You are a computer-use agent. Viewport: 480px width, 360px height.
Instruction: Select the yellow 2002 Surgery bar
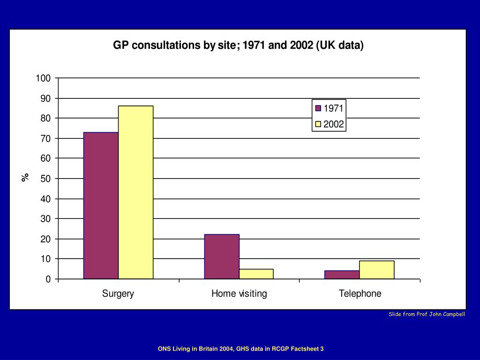[x=135, y=192]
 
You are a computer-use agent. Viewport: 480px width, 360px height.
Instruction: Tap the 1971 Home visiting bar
[x=222, y=256]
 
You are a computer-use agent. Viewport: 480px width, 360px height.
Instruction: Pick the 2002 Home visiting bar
[x=256, y=274]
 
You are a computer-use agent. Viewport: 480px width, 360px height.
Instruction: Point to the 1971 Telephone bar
[x=342, y=275]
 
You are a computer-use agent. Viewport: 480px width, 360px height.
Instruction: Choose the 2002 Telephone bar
[x=376, y=270]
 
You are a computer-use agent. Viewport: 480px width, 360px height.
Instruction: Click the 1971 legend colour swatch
[x=318, y=108]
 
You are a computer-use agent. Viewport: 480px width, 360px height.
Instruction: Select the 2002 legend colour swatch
[x=318, y=124]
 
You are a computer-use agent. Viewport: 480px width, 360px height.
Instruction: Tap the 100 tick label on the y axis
[x=43, y=78]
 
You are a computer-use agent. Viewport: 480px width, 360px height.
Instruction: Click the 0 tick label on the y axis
[x=48, y=279]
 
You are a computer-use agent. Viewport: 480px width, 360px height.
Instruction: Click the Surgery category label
[x=118, y=294]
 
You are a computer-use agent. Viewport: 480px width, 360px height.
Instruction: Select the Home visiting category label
[x=239, y=294]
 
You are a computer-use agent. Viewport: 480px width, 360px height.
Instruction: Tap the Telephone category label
[x=360, y=294]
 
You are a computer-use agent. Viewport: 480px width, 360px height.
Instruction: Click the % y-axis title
[x=25, y=177]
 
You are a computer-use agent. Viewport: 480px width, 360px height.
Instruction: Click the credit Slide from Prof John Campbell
[x=427, y=314]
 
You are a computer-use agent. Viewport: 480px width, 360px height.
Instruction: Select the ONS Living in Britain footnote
[x=240, y=349]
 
